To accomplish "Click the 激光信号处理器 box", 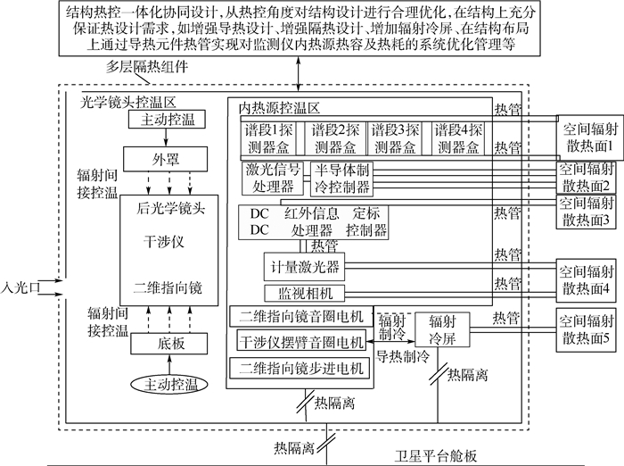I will click(273, 178).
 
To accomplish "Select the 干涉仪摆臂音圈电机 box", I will click(301, 342).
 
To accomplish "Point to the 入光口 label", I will click(20, 287).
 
